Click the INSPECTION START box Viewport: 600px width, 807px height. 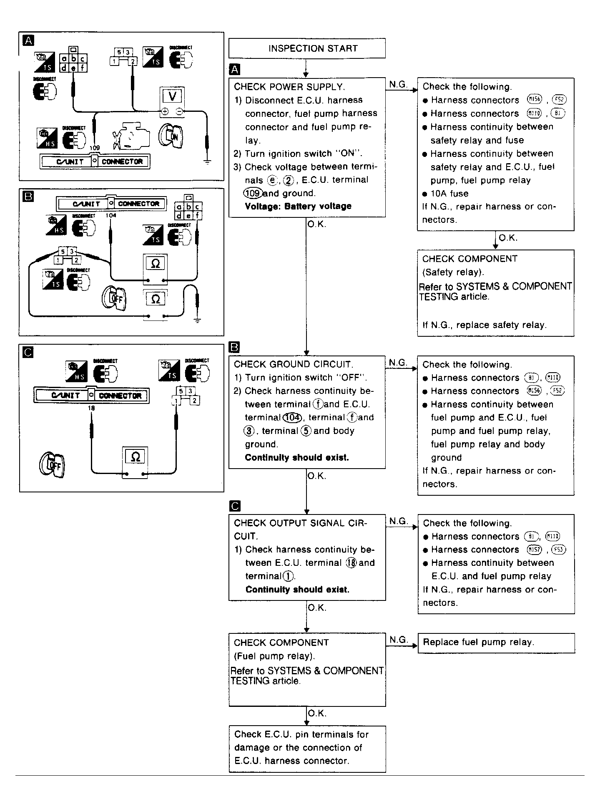307,48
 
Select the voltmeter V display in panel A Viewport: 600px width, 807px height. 172,96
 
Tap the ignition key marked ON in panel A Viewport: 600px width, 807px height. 170,136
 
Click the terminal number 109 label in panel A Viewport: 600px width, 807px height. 95,148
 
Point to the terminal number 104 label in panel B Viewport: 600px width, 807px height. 111,215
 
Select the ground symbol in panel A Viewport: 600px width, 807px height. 207,161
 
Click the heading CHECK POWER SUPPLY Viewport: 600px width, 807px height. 289,87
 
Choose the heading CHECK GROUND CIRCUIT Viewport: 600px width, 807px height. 294,364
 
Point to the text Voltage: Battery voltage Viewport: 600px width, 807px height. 298,206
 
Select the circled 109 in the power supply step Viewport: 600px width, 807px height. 253,193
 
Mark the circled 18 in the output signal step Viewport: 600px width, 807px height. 351,563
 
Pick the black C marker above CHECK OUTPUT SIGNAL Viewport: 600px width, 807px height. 235,506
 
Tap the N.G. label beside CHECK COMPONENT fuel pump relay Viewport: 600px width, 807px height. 398,640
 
